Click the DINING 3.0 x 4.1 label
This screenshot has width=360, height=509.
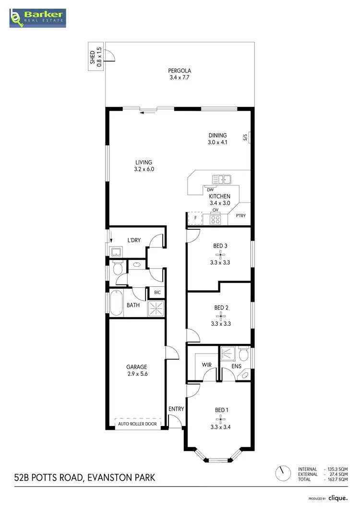(217, 139)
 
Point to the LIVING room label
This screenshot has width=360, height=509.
(144, 166)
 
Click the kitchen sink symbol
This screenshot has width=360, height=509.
(221, 180)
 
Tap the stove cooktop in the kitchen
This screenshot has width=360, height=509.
(215, 220)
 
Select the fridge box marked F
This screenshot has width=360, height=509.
(195, 218)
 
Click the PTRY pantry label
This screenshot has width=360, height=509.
(240, 216)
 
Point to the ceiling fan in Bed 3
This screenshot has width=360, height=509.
(220, 254)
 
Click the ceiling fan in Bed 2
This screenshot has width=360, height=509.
(220, 315)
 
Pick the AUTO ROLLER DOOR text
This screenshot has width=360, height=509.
(137, 424)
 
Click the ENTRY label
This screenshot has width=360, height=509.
(176, 409)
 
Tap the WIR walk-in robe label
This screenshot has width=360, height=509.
(207, 365)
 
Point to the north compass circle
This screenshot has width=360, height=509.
(283, 474)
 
